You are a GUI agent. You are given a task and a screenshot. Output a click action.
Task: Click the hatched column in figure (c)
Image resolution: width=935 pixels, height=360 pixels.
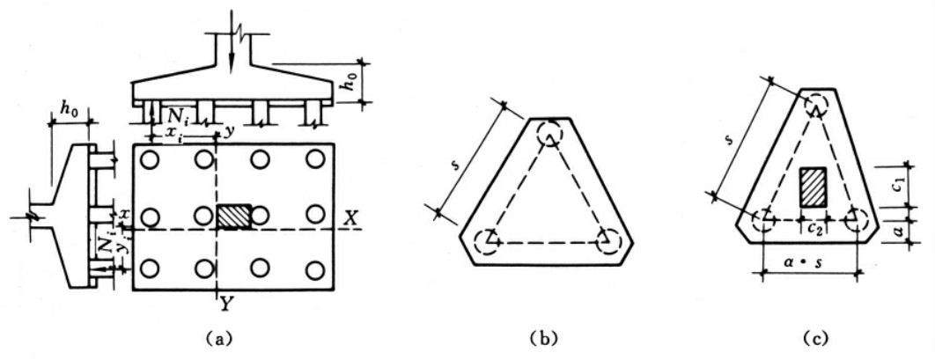click(811, 187)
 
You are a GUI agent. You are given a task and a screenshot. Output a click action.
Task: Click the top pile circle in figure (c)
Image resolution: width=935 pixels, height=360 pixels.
click(815, 107)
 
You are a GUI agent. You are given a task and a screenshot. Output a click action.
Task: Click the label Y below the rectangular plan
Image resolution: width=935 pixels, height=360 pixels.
click(226, 305)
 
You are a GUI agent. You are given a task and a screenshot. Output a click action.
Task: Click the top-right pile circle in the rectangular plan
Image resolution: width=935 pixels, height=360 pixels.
click(314, 160)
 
